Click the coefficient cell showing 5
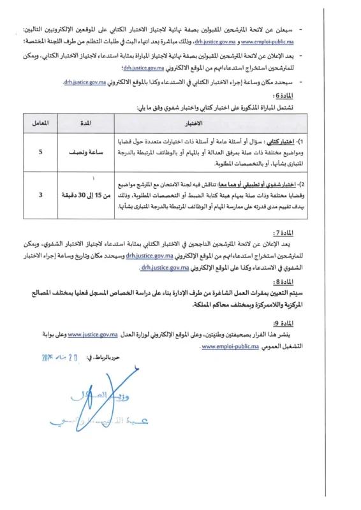pos(41,153)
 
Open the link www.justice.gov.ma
pos(93,334)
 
